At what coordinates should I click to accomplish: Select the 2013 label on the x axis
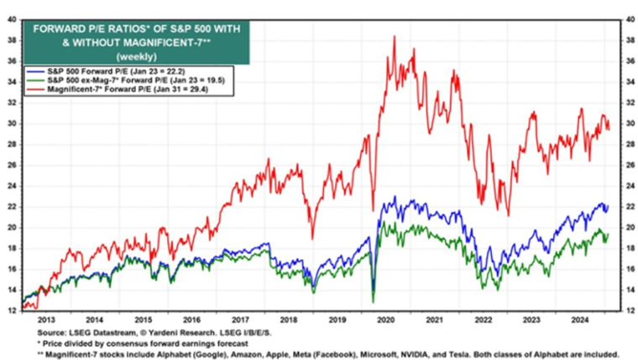pos(46,320)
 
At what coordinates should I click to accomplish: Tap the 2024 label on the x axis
pos(583,320)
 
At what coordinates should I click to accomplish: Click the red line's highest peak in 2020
pos(395,38)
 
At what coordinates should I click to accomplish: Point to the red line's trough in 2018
pos(312,237)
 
